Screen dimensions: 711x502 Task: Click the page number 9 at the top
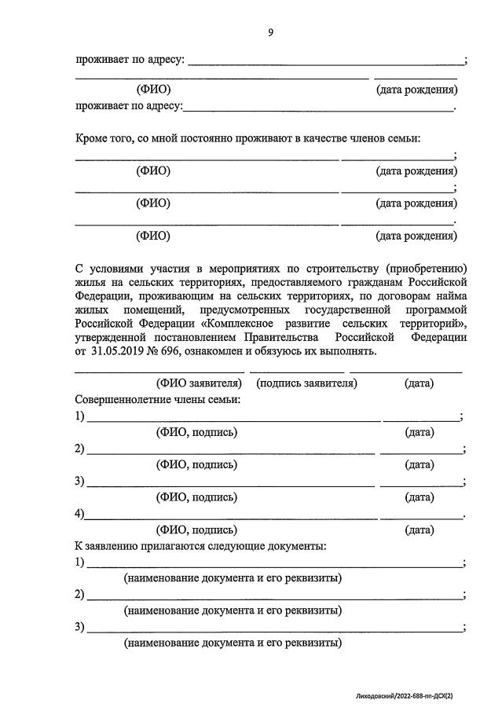[x=270, y=32]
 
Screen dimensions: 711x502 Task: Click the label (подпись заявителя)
[x=306, y=383]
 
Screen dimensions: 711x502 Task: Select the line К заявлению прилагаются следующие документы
[x=201, y=545]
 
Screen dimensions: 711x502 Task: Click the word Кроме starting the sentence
[x=92, y=138]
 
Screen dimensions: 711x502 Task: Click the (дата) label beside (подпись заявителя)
[x=419, y=383]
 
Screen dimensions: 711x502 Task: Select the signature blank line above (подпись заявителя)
[x=297, y=370]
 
